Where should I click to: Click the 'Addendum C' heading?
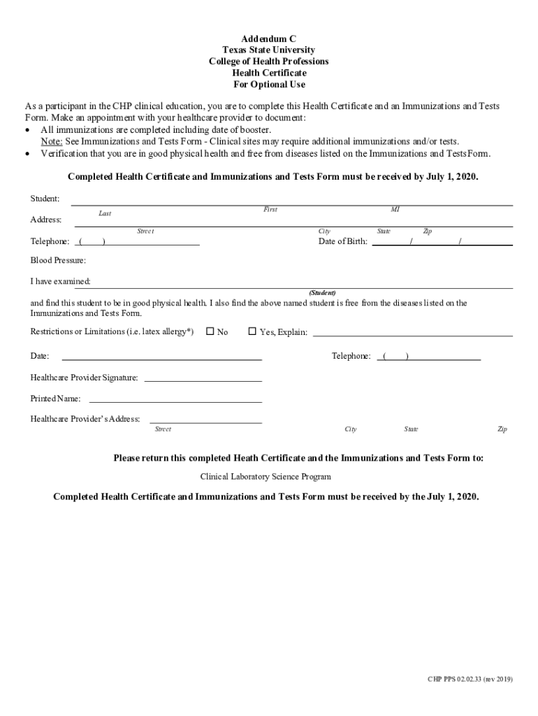click(x=269, y=39)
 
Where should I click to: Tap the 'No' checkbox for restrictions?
click(x=210, y=331)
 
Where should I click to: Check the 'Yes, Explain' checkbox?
click(x=252, y=331)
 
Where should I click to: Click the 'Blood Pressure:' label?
click(x=58, y=260)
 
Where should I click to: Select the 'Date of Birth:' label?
click(x=342, y=241)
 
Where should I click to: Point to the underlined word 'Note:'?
click(x=51, y=141)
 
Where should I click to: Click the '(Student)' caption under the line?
click(x=322, y=292)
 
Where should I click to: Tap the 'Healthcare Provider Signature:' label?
click(x=84, y=378)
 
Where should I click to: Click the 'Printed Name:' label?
click(x=55, y=399)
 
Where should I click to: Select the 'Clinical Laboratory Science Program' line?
click(x=266, y=476)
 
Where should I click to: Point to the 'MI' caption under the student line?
click(x=395, y=209)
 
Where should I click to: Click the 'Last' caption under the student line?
click(x=105, y=213)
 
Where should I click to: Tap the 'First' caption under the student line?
click(x=270, y=209)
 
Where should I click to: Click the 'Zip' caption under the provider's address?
click(x=502, y=429)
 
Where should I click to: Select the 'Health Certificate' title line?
click(x=269, y=73)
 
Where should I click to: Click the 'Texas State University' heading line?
click(x=269, y=50)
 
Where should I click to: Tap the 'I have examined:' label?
click(x=60, y=281)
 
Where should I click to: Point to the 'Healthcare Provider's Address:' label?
click(x=85, y=419)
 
